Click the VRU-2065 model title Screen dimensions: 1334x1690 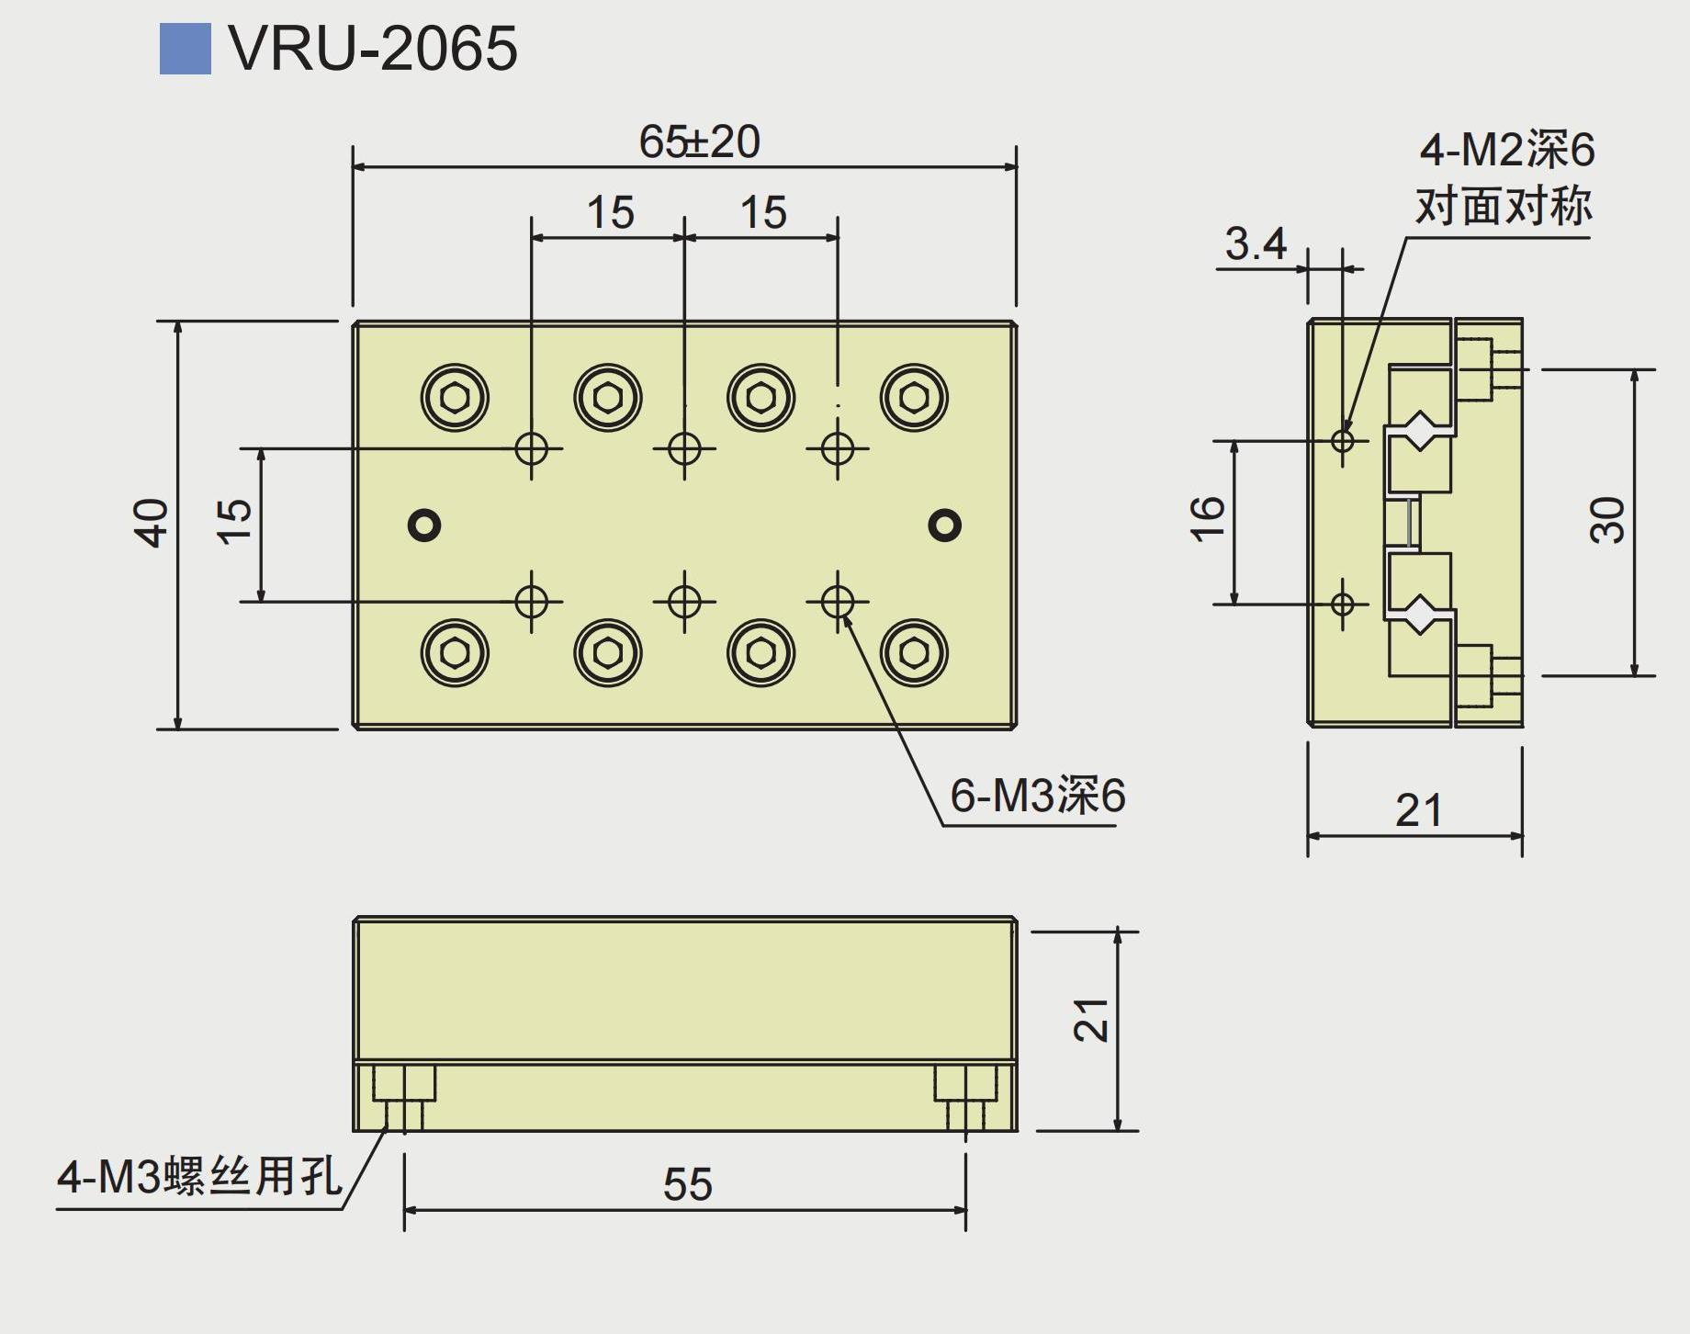pos(372,48)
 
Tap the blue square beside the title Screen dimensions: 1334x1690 pos(185,49)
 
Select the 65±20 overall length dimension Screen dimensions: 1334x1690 pos(699,141)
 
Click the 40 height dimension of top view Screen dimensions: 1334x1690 pos(152,523)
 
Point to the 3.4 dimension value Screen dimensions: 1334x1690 pos(1255,244)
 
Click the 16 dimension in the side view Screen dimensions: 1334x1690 pos(1207,519)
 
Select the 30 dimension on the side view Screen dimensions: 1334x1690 pos(1607,521)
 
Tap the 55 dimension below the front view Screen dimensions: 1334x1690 pos(688,1184)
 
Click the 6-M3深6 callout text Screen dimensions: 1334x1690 pos(1037,796)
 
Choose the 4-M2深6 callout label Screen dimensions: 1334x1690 pos(1506,150)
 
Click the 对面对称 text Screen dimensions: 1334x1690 pos(1504,206)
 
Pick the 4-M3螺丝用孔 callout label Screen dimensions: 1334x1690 pos(198,1177)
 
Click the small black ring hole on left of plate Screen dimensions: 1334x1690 pos(424,525)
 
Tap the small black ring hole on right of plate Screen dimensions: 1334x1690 pos(944,525)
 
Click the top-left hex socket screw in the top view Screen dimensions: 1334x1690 pos(455,398)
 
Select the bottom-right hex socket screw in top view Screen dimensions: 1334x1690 pos(914,652)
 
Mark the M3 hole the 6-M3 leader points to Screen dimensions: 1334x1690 pos(837,602)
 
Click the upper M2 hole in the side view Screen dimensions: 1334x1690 pos(1343,440)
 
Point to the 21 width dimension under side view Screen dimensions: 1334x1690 pos(1418,810)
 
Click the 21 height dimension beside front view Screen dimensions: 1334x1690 pos(1091,1020)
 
